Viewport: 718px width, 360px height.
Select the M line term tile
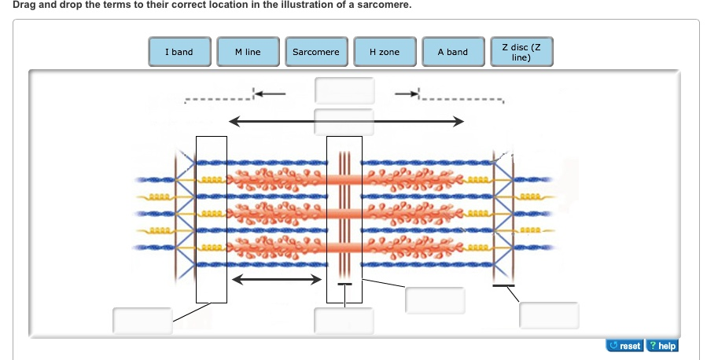(248, 52)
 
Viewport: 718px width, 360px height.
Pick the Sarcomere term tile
(315, 52)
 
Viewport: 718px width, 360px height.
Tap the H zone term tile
(385, 52)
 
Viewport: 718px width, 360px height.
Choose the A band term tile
(452, 52)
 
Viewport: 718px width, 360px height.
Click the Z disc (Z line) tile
(521, 52)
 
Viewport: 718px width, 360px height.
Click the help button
(661, 346)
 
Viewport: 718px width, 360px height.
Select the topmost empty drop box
(344, 90)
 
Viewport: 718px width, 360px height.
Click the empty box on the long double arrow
(344, 122)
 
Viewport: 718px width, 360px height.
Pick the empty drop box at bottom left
(142, 320)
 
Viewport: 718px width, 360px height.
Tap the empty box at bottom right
(549, 314)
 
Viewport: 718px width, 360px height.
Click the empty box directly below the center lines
(344, 320)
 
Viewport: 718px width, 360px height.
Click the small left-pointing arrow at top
(269, 94)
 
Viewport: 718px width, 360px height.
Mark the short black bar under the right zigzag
(504, 285)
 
